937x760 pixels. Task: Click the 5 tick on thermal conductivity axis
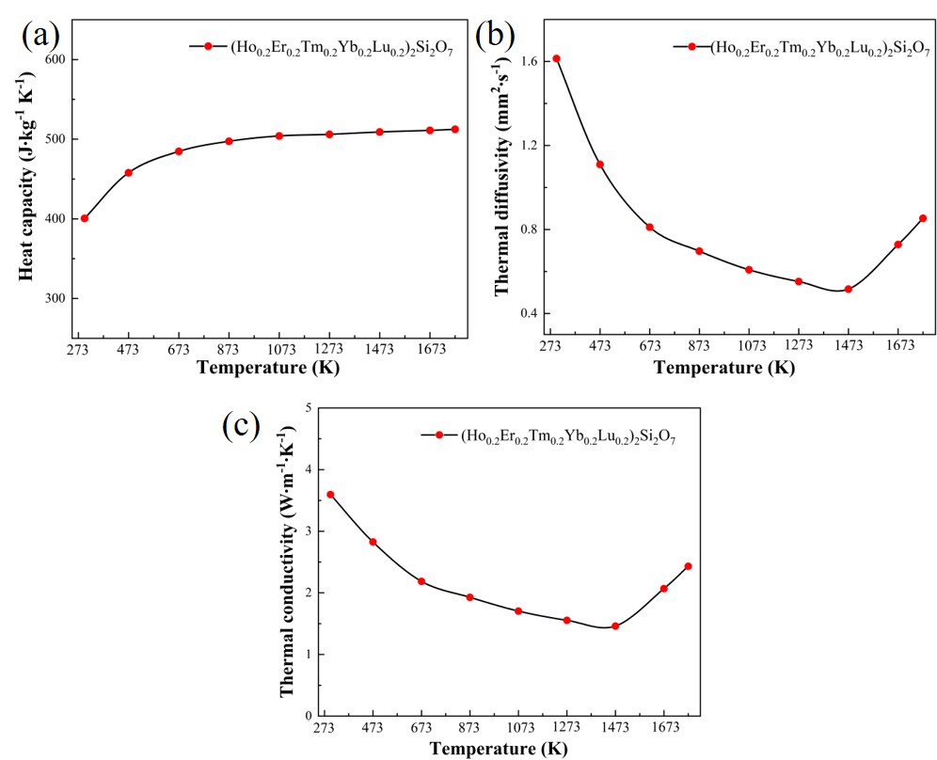point(306,407)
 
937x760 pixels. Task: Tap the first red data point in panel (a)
point(85,218)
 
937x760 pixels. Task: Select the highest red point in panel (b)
point(556,58)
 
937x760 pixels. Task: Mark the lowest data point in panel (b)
point(848,289)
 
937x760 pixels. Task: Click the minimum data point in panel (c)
point(615,626)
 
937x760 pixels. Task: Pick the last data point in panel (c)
point(688,566)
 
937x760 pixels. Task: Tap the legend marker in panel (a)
point(208,46)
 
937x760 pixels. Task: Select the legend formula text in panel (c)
point(567,436)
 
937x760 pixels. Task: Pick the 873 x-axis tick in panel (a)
point(229,349)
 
